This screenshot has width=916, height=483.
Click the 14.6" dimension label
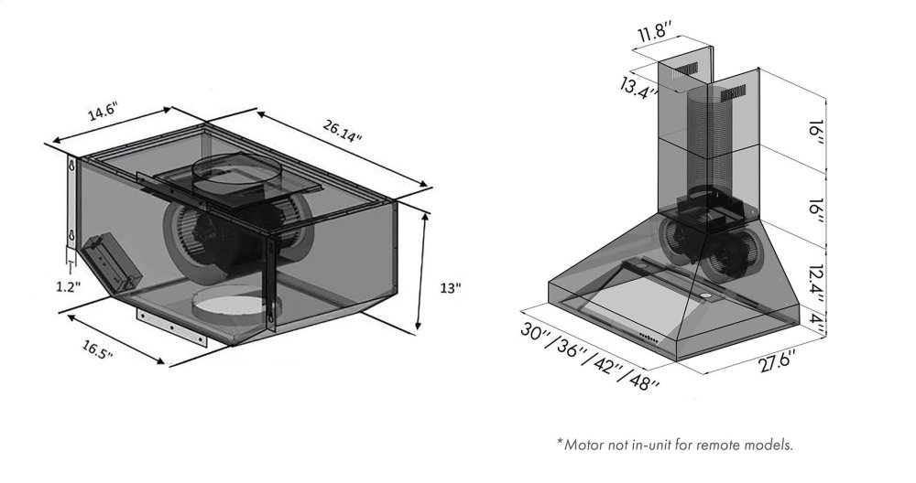[103, 112]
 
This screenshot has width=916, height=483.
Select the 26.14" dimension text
[343, 131]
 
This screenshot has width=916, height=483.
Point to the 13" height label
[451, 288]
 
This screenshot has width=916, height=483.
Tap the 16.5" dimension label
[97, 350]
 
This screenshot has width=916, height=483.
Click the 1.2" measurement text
[69, 286]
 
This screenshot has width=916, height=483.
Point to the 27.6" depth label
[778, 361]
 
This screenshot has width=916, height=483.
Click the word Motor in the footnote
[584, 445]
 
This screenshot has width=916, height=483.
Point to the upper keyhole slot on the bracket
[71, 166]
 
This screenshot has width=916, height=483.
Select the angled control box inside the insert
[111, 263]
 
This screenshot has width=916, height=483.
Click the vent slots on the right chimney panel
[733, 93]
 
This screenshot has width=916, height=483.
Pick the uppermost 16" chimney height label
[817, 136]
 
